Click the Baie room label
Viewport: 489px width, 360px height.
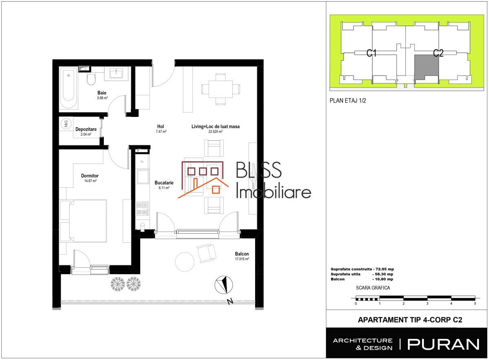click(x=102, y=93)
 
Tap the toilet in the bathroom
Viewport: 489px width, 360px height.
click(x=91, y=79)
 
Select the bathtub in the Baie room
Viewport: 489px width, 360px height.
click(x=68, y=88)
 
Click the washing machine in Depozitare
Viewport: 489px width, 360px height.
click(x=66, y=124)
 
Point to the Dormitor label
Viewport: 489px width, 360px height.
click(x=90, y=176)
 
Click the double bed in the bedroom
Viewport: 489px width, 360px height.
click(x=88, y=221)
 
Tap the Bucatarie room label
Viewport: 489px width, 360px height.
click(x=164, y=182)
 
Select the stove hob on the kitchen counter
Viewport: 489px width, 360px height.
click(x=143, y=209)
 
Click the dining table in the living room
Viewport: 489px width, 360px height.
click(x=220, y=89)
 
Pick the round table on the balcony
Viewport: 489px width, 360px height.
click(x=185, y=262)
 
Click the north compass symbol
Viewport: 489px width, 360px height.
click(x=224, y=285)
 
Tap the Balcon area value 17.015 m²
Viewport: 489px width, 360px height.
click(x=242, y=259)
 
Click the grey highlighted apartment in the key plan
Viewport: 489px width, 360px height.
click(x=426, y=67)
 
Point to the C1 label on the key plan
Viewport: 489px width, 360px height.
click(x=371, y=53)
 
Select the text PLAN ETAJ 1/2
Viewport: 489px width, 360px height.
click(x=348, y=101)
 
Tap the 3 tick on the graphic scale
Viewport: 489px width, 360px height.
click(x=427, y=303)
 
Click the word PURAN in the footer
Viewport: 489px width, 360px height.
click(x=443, y=345)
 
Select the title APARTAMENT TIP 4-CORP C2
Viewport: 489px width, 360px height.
click(x=410, y=320)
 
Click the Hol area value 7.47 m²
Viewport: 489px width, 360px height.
click(x=161, y=132)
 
